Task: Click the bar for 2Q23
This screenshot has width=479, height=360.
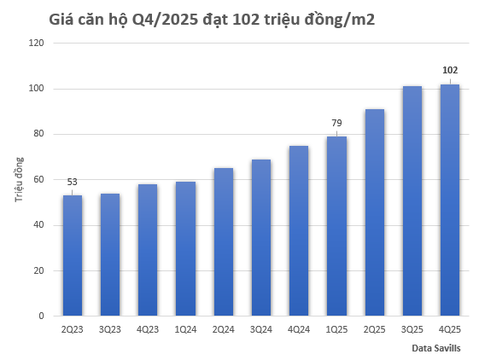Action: [x=73, y=256]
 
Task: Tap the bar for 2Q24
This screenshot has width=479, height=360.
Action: [x=223, y=242]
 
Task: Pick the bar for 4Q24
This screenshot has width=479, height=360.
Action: [x=299, y=231]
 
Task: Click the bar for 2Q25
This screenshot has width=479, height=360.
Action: [x=374, y=212]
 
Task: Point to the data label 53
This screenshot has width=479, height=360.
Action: [x=73, y=181]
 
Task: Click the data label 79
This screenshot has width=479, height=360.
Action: [x=336, y=123]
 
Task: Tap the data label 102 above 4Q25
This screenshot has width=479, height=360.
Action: [x=449, y=70]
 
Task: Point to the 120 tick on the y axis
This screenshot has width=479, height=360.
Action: [x=37, y=44]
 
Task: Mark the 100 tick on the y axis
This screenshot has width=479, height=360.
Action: [x=37, y=89]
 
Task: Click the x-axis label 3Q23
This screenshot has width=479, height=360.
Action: [x=110, y=328]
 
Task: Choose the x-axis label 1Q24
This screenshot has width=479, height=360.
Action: [x=185, y=328]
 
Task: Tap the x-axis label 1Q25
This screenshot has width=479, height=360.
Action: [x=336, y=328]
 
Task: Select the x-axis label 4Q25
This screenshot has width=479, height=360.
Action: [x=449, y=328]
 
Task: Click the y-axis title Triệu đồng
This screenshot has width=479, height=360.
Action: [x=19, y=180]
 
